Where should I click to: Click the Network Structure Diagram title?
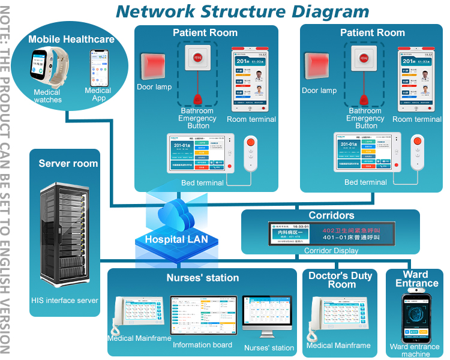tap(242, 11)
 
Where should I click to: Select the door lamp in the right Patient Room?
tap(319, 67)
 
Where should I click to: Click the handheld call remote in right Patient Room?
tap(416, 154)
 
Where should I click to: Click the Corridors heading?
tap(331, 215)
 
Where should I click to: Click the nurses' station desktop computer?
tap(267, 319)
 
